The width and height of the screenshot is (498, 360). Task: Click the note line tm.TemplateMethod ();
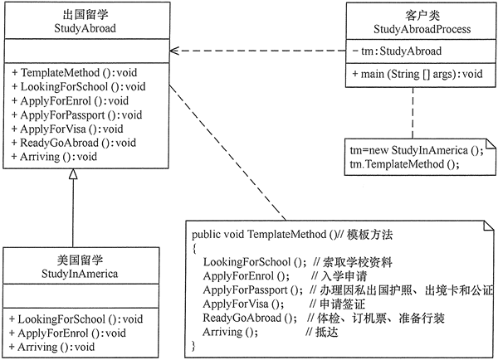point(404,163)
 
